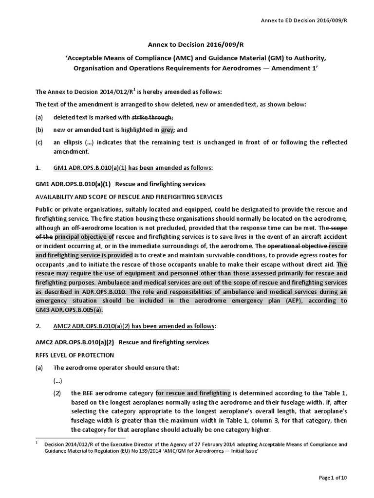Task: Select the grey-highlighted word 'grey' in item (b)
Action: pyautogui.click(x=167, y=130)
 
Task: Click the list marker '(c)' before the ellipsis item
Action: pyautogui.click(x=39, y=142)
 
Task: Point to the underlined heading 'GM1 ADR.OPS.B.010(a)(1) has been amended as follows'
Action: pyautogui.click(x=133, y=168)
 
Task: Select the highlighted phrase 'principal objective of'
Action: pyautogui.click(x=84, y=236)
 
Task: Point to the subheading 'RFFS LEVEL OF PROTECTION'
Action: pyautogui.click(x=75, y=355)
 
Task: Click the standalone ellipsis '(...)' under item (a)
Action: pyautogui.click(x=58, y=380)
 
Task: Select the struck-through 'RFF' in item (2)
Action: pyautogui.click(x=88, y=393)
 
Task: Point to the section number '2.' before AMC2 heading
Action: pyautogui.click(x=39, y=326)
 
